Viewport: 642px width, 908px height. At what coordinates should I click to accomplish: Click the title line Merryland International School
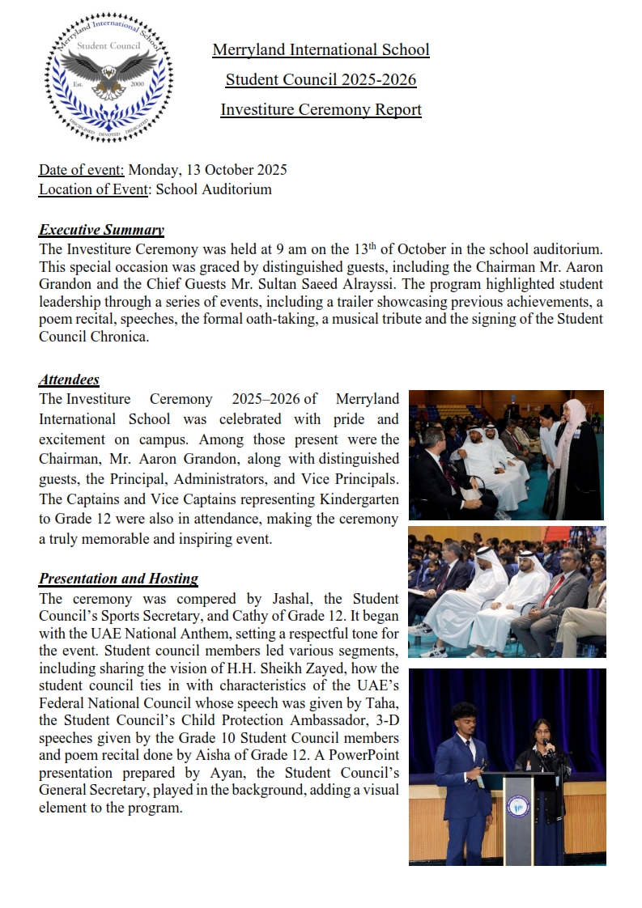tap(321, 50)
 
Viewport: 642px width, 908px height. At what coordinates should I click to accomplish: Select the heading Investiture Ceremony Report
tap(321, 109)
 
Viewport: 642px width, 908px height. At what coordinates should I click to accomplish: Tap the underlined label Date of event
tap(81, 170)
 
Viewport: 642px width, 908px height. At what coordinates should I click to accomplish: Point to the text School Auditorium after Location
tap(214, 189)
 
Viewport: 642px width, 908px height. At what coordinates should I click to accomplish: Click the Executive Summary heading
tap(101, 230)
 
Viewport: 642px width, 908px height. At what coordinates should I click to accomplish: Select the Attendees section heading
tap(69, 379)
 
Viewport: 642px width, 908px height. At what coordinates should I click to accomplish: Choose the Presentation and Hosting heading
tap(118, 579)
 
